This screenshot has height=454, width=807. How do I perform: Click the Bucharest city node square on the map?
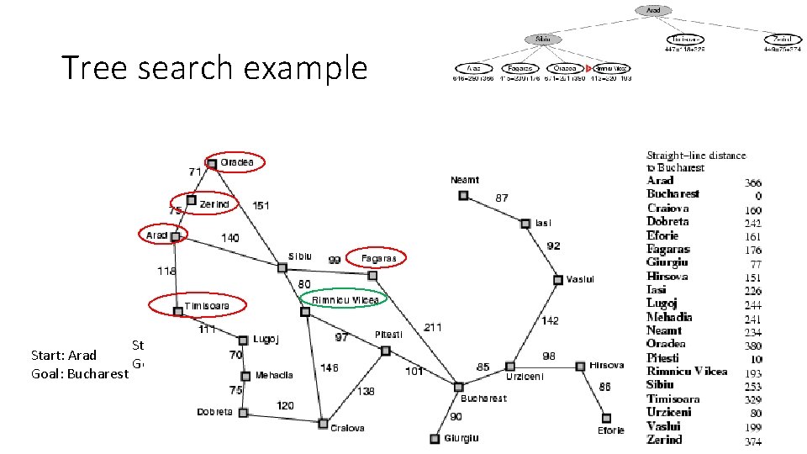tap(458, 387)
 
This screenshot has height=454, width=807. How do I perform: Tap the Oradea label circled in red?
tap(236, 162)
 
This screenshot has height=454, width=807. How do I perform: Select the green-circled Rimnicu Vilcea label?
tap(345, 299)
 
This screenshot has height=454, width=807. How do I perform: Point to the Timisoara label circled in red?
tap(207, 305)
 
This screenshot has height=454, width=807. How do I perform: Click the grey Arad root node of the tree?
tap(653, 11)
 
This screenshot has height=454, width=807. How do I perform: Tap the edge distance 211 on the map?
tap(433, 326)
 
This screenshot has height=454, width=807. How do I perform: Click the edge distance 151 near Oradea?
tap(261, 205)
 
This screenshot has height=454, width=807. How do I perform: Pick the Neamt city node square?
tap(463, 195)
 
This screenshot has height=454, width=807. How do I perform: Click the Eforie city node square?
tap(605, 418)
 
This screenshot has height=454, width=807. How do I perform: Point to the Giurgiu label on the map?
tap(462, 437)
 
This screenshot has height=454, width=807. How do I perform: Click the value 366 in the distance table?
tap(753, 182)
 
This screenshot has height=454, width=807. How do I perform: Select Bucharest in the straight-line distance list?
tap(672, 194)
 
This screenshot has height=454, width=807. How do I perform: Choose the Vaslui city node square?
tap(557, 279)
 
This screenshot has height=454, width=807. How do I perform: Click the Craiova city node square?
tap(322, 423)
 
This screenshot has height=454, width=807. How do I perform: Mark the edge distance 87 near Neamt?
tap(501, 198)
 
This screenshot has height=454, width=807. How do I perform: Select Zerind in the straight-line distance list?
tap(664, 440)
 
